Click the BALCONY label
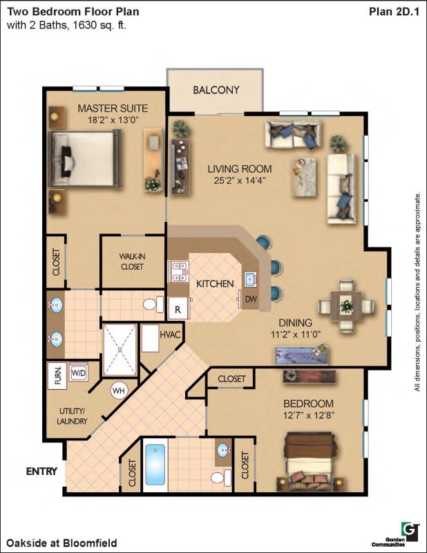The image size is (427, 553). point(216,90)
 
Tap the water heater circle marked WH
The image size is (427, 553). point(119,391)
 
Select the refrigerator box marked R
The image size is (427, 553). point(178,309)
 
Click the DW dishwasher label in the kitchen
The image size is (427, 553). point(251,299)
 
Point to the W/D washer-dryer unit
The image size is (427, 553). point(79,373)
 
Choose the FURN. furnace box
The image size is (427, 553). point(57,376)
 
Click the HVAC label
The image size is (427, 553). point(170,335)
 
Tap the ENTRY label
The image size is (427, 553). point(41,471)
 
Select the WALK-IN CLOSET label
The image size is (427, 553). point(132,261)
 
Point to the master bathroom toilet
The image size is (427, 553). point(154,304)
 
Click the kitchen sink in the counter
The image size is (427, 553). point(250,279)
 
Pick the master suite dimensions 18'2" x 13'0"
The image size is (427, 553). point(113,120)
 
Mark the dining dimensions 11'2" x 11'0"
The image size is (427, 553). point(296,335)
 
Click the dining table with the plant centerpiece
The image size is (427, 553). point(346,306)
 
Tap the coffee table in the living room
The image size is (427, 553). point(303,177)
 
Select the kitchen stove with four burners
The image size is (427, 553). point(178,272)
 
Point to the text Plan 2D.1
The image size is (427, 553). point(395,12)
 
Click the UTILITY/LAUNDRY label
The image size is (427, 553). point(72,416)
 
